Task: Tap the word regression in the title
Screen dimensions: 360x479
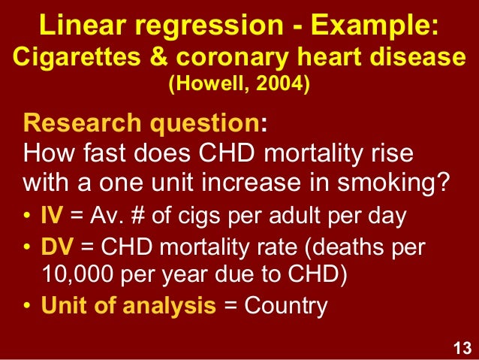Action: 196,27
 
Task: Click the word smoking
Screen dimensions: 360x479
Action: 396,183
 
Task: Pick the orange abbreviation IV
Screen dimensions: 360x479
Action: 51,217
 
